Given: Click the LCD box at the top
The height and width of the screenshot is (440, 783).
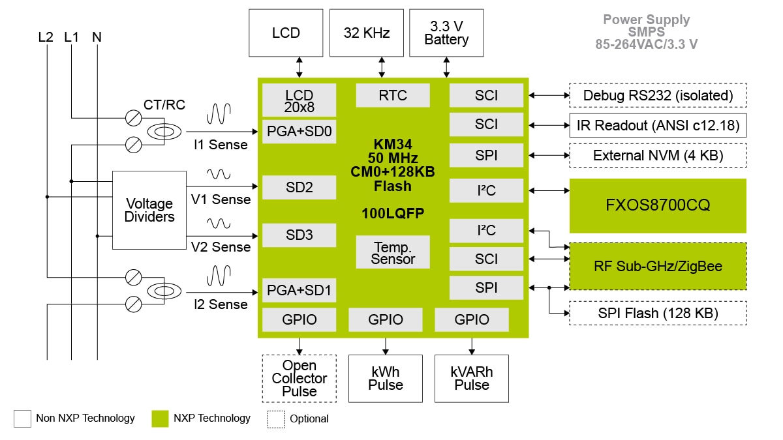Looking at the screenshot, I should [x=286, y=33].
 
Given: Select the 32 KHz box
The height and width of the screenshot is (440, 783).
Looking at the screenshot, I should [x=367, y=33].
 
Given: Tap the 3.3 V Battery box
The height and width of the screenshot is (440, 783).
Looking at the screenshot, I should [x=446, y=33].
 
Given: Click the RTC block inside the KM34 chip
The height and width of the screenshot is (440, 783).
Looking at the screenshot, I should [x=393, y=95].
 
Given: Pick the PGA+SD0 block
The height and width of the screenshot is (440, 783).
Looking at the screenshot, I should [x=299, y=132].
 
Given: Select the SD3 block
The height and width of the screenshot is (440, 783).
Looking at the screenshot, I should [x=299, y=235].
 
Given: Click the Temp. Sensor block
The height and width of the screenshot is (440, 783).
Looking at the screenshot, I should [x=393, y=252].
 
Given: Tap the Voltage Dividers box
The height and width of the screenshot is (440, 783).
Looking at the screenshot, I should [x=149, y=210].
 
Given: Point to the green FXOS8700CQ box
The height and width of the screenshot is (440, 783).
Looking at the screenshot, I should [x=658, y=206].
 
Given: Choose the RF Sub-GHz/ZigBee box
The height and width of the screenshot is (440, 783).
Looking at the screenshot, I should [x=658, y=266].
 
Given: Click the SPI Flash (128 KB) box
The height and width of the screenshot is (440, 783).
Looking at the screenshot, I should [x=658, y=313].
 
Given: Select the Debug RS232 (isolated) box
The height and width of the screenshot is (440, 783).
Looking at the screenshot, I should [x=658, y=95].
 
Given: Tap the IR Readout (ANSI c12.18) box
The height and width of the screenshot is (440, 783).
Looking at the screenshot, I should [x=658, y=125].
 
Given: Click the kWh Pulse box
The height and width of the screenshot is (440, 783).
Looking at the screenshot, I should [x=385, y=378].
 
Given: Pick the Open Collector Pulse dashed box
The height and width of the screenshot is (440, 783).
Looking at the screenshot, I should [x=299, y=378].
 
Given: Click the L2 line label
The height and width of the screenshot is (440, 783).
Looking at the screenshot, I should [x=46, y=37].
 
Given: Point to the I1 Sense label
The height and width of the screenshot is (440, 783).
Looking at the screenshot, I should [x=220, y=145].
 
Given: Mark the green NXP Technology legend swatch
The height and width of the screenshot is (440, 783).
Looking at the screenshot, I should [x=160, y=418].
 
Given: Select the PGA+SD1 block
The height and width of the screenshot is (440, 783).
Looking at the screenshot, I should [x=299, y=290].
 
